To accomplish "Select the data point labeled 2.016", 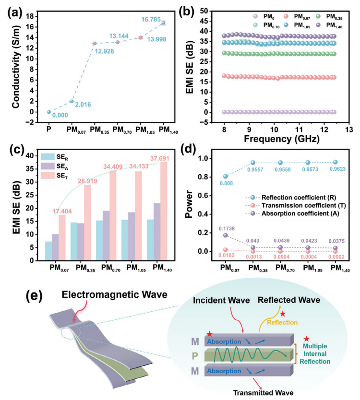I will pyautogui.click(x=72, y=101).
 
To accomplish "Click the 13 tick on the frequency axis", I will pyautogui.click(x=348, y=130).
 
